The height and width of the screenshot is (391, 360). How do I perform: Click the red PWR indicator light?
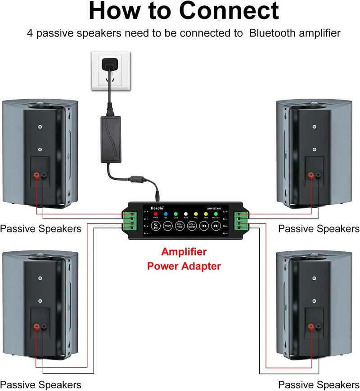click(156, 214)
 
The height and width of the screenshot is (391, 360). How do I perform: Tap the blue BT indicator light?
click(166, 214)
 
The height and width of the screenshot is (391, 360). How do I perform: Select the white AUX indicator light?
click(185, 214)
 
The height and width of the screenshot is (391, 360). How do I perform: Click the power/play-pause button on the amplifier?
click(155, 225)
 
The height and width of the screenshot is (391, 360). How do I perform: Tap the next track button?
click(216, 225)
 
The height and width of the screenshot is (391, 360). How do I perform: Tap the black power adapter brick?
click(111, 139)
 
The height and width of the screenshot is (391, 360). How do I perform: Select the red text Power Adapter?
click(184, 266)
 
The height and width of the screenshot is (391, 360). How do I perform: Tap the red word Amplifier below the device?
click(184, 251)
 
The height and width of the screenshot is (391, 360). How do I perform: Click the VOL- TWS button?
click(180, 225)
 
